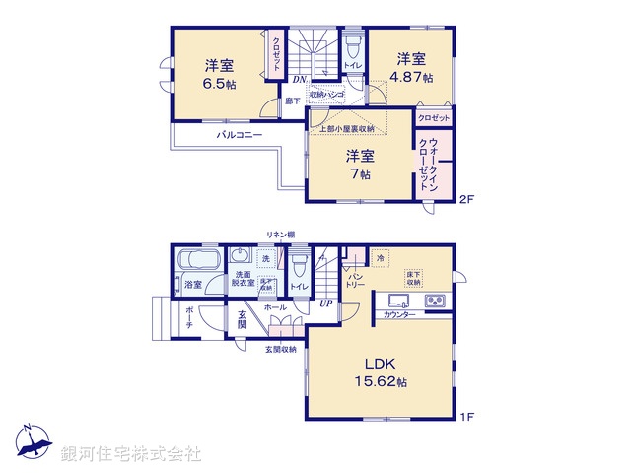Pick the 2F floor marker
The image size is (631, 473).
click(466, 200)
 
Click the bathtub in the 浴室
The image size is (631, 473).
click(199, 263)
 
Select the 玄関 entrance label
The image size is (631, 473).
click(243, 321)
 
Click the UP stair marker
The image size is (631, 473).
click(324, 304)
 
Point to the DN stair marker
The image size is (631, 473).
click(298, 79)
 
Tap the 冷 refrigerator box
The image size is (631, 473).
click(381, 258)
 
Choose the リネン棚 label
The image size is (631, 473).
click(279, 235)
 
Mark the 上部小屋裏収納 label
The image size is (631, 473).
click(345, 129)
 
